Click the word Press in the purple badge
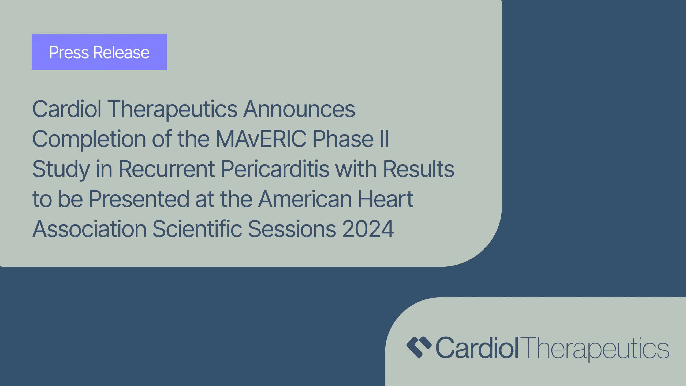[69, 52]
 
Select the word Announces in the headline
[299, 109]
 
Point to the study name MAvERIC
[261, 139]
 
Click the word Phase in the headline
[343, 139]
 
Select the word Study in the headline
[61, 169]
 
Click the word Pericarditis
[275, 169]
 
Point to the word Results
[419, 169]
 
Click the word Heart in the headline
[386, 199]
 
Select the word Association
[89, 229]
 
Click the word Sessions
[292, 229]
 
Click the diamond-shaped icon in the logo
[419, 348]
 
